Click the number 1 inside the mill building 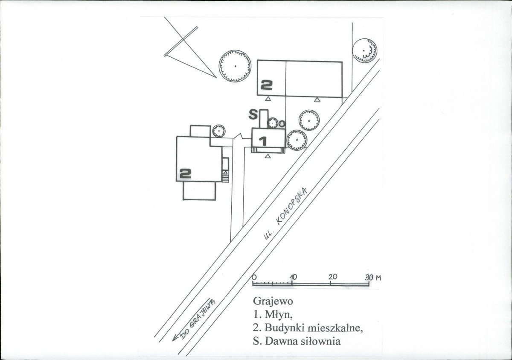pos(263,141)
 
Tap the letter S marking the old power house pos(253,114)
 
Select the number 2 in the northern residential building pos(266,85)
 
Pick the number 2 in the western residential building pos(185,173)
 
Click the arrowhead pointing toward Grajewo pos(175,338)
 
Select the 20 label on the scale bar pos(333,276)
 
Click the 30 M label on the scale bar pos(373,278)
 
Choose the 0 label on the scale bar pos(253,276)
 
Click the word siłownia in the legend pos(321,341)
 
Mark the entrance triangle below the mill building pos(268,156)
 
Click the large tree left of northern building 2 pos(235,66)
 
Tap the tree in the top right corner pos(365,50)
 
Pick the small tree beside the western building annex pos(218,131)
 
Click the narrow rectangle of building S pos(264,118)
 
